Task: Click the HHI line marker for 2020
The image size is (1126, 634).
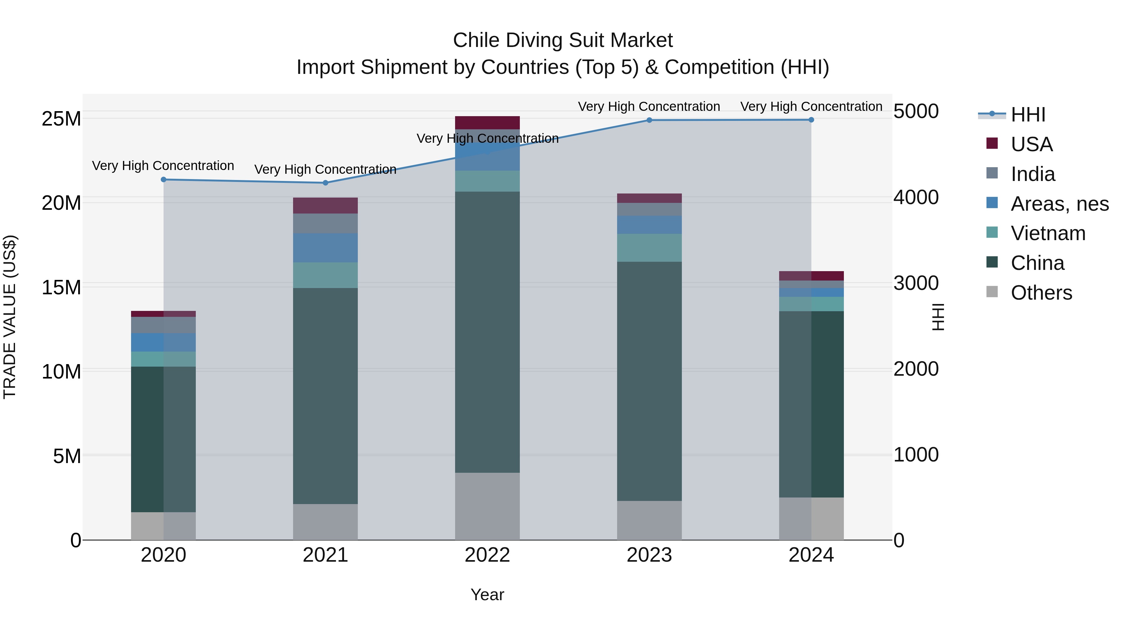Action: click(164, 179)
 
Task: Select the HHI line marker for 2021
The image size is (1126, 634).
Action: click(325, 183)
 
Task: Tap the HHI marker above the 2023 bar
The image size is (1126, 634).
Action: click(649, 120)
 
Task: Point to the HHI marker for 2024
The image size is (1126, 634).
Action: click(811, 120)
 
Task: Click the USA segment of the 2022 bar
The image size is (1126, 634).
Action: click(487, 122)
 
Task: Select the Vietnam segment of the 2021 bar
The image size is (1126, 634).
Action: click(325, 275)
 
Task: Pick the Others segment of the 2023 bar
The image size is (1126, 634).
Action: click(649, 520)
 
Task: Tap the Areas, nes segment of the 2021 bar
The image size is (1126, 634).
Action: click(325, 248)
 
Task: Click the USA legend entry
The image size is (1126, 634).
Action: click(1031, 144)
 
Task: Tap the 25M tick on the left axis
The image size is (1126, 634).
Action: click(61, 119)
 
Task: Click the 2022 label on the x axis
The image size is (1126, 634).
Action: click(487, 555)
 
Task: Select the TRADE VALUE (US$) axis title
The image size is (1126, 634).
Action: click(10, 317)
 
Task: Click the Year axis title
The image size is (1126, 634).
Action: click(487, 595)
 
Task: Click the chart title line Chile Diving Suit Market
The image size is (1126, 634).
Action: click(563, 40)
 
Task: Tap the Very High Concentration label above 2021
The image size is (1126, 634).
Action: click(325, 169)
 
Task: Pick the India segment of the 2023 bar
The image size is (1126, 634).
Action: click(649, 209)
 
